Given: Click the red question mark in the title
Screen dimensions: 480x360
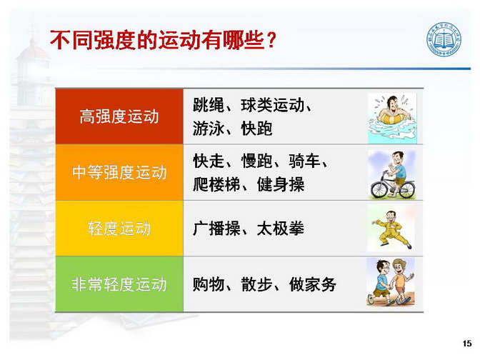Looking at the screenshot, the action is (271, 40).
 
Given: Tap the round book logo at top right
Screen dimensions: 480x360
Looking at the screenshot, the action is (444, 40).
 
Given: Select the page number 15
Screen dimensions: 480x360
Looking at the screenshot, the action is (467, 344).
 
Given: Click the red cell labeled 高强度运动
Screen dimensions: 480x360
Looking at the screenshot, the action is (119, 116).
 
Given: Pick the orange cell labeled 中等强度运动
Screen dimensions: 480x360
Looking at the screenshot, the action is (119, 172).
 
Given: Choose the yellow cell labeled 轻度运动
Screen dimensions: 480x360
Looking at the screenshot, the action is (119, 229).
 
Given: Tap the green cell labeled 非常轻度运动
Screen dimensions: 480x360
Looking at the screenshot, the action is (119, 284).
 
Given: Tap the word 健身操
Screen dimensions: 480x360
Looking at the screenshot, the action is (281, 184).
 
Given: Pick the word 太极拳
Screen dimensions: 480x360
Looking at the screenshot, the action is (281, 229).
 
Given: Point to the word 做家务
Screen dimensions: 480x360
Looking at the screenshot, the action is (313, 284).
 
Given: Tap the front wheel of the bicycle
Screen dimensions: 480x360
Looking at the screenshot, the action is (379, 190).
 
